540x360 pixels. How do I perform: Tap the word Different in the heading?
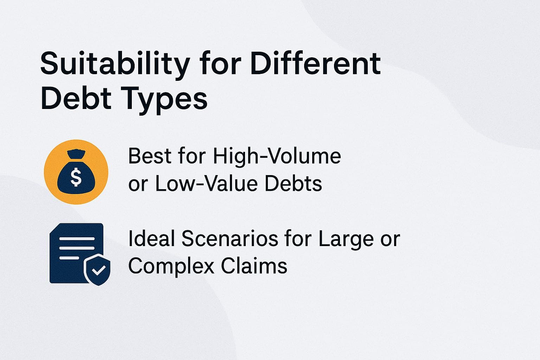tap(316, 64)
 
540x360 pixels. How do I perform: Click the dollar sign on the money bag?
tap(76, 177)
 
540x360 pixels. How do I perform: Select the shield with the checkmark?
tap(97, 269)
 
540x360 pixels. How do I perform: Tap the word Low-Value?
tap(206, 183)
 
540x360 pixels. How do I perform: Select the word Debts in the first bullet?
tap(293, 183)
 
